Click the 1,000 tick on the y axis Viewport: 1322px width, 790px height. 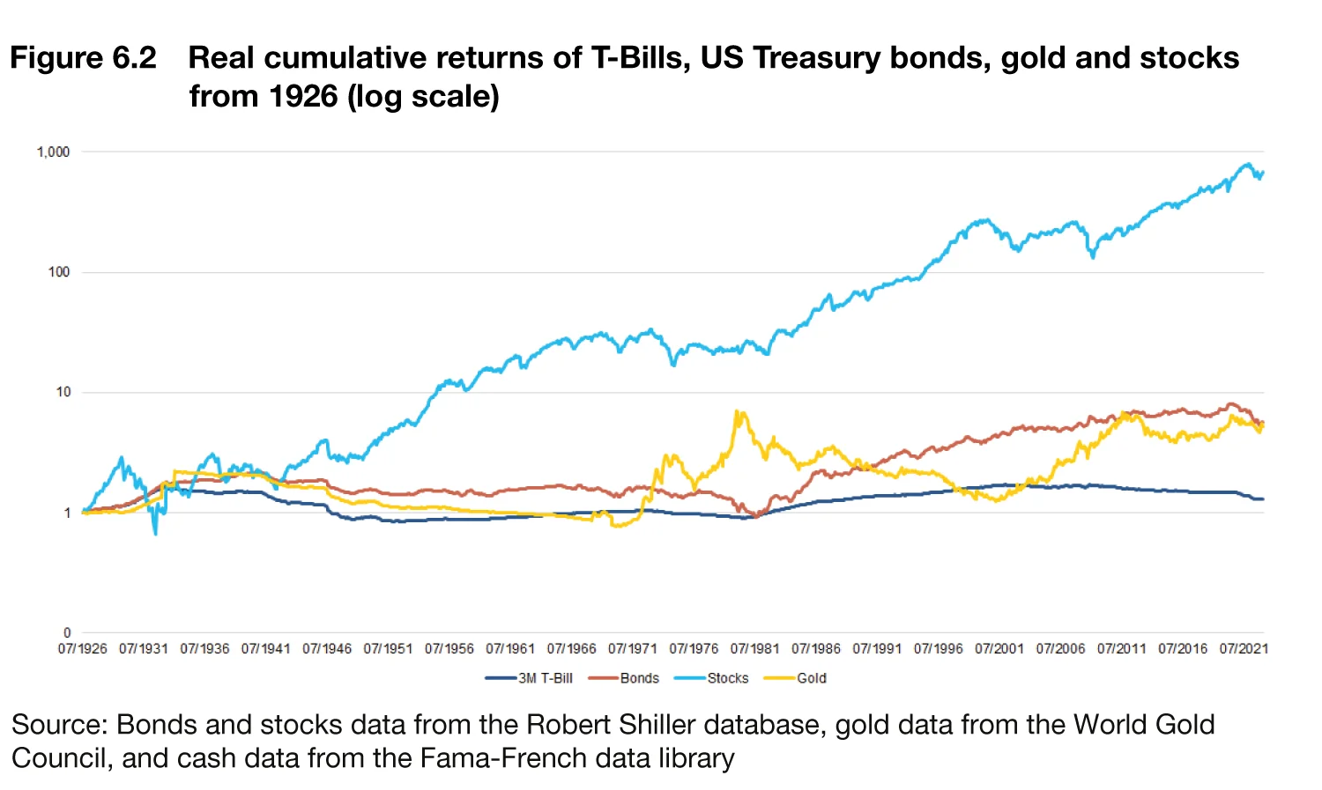pyautogui.click(x=53, y=152)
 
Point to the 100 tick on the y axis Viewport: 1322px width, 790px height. pyautogui.click(x=59, y=272)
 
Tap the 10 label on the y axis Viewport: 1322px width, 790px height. pyautogui.click(x=63, y=392)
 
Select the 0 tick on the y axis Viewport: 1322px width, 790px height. pyautogui.click(x=67, y=632)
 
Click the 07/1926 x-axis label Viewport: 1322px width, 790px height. pyautogui.click(x=83, y=649)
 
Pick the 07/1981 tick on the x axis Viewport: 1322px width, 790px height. pyautogui.click(x=754, y=649)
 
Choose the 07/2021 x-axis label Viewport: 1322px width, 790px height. pyautogui.click(x=1244, y=649)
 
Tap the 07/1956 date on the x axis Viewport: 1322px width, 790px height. pyautogui.click(x=449, y=649)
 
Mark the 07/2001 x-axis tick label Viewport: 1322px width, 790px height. pyautogui.click(x=999, y=649)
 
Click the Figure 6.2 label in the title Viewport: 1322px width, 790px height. pyautogui.click(x=83, y=58)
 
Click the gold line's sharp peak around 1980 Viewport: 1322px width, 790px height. pyautogui.click(x=737, y=411)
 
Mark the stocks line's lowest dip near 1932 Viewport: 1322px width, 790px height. pyautogui.click(x=156, y=534)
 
